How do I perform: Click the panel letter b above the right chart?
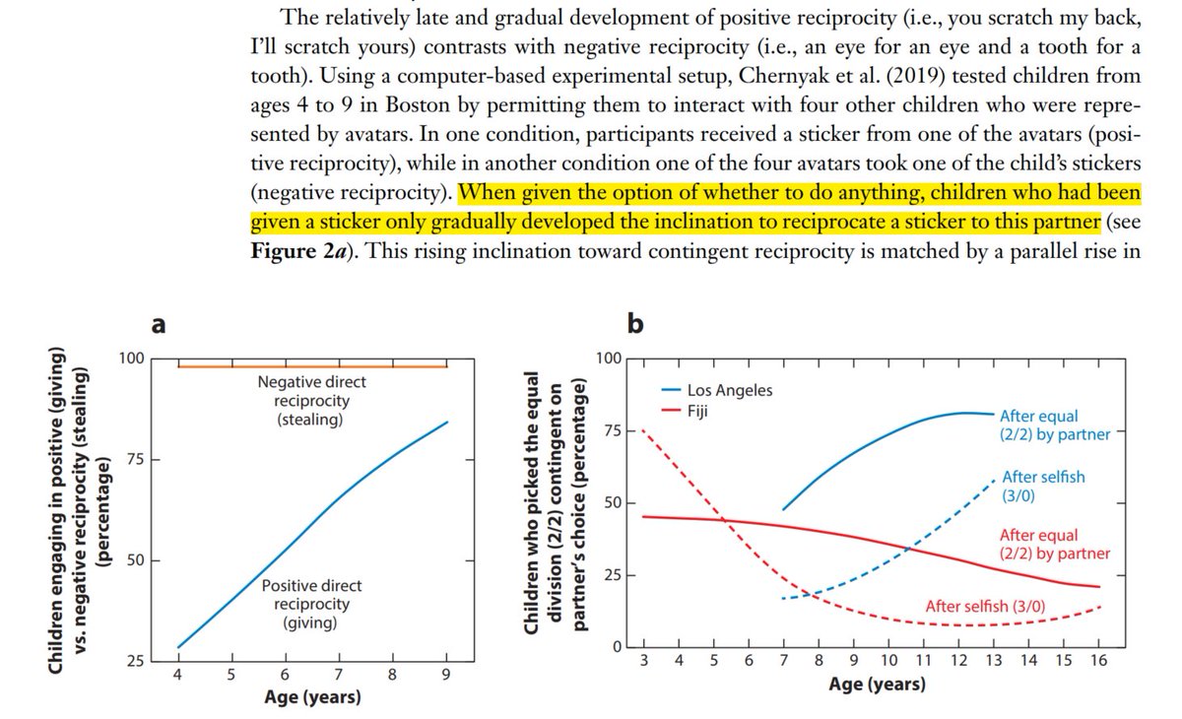pyautogui.click(x=634, y=322)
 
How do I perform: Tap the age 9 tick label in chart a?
pyautogui.click(x=446, y=677)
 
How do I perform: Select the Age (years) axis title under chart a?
pyautogui.click(x=311, y=698)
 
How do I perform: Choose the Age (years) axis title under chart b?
pyautogui.click(x=876, y=684)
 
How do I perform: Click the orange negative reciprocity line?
pyautogui.click(x=295, y=366)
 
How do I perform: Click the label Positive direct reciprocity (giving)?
pyautogui.click(x=305, y=604)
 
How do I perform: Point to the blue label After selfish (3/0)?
pyautogui.click(x=1043, y=485)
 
